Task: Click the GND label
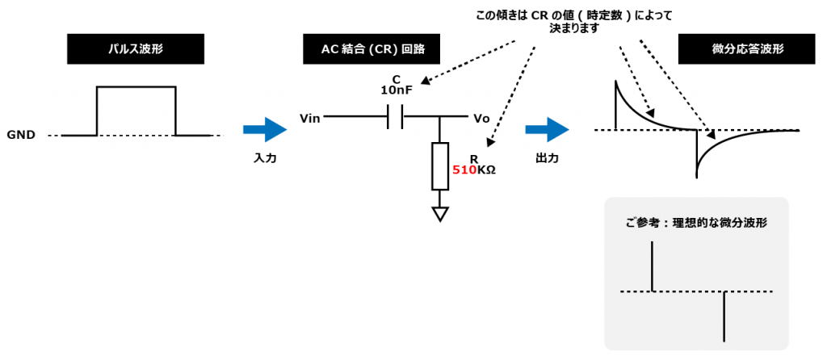(21, 135)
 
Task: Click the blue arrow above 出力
(548, 130)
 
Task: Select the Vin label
(311, 119)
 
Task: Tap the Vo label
(482, 119)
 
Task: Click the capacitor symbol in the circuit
(396, 119)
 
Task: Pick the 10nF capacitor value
(396, 90)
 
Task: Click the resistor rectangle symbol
(440, 165)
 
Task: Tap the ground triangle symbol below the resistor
(440, 213)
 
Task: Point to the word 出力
(548, 158)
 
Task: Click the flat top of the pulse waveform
(136, 86)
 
